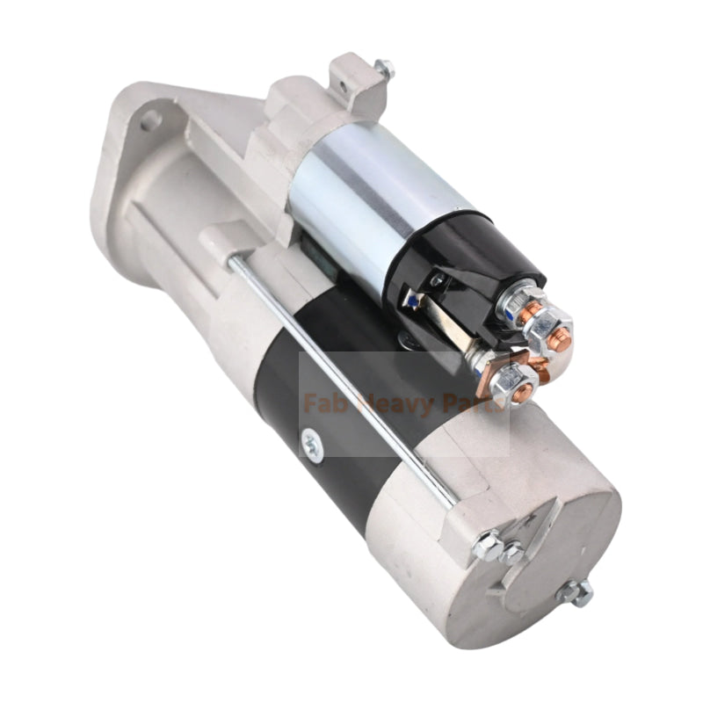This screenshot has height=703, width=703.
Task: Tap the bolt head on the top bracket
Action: (383, 69)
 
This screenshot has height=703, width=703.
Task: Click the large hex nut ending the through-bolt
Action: (488, 546)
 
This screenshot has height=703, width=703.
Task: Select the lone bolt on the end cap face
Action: (575, 593)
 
